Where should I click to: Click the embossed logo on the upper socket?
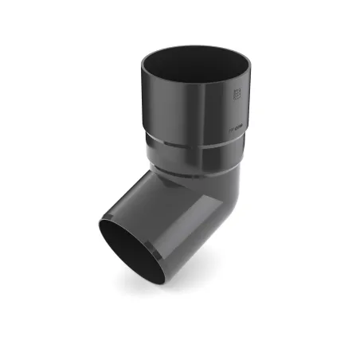point(236,96)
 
